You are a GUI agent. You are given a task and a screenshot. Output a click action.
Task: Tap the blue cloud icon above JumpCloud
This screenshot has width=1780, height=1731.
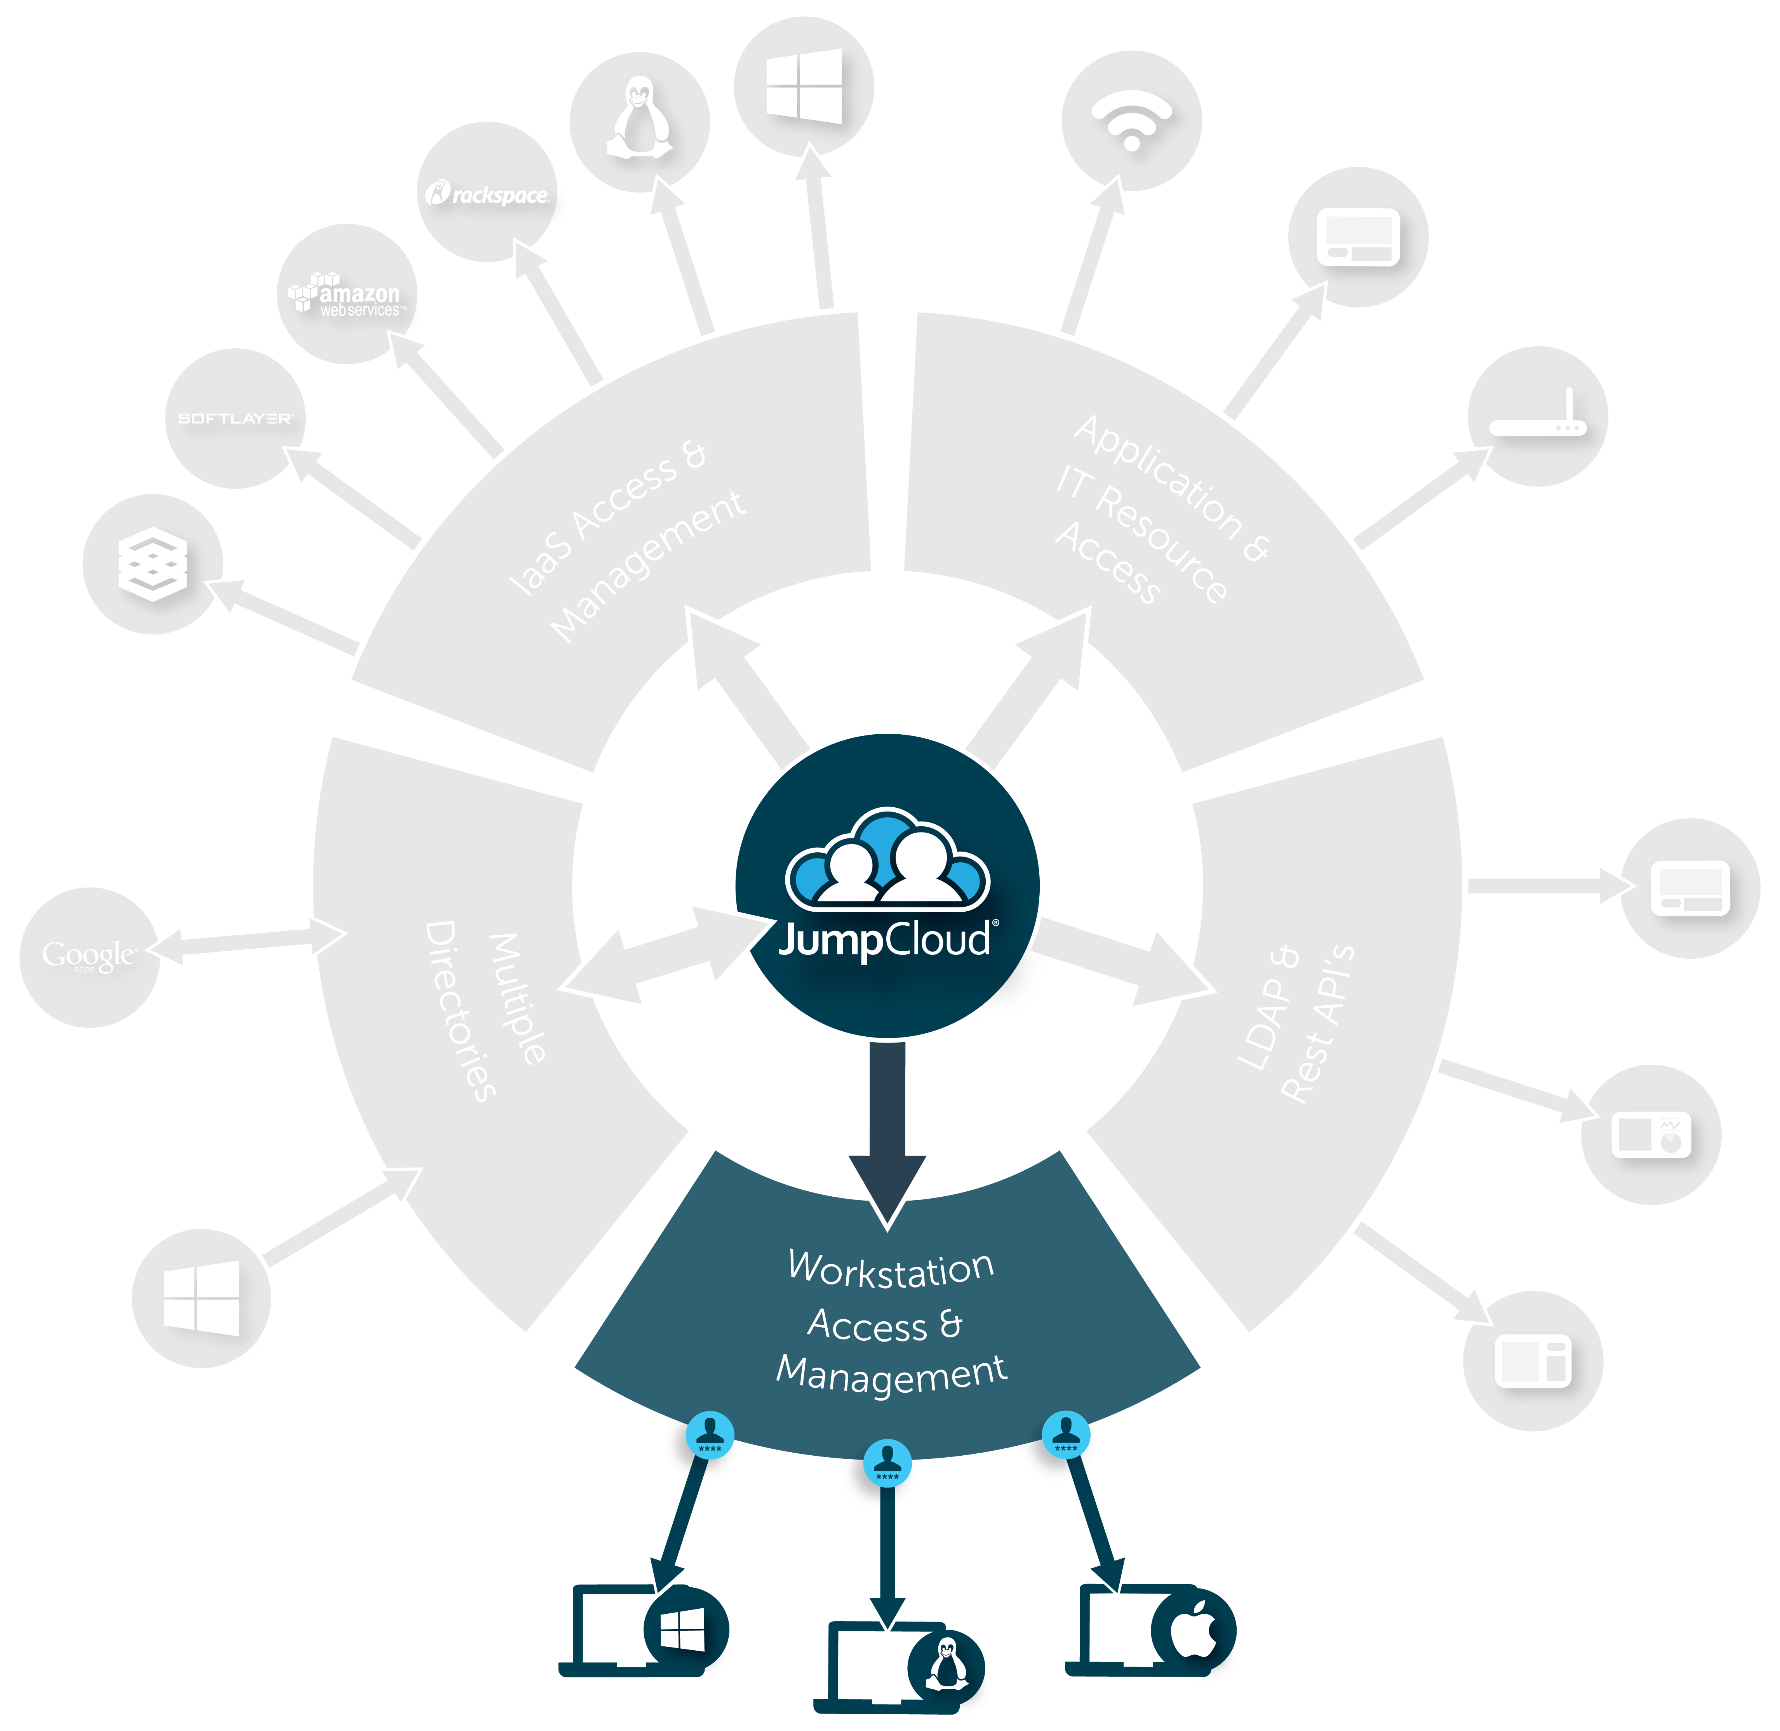pos(887,859)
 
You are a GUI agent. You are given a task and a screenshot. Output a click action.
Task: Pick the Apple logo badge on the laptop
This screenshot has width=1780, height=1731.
pos(1194,1632)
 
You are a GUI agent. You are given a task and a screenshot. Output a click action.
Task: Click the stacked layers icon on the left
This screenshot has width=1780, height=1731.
pos(153,564)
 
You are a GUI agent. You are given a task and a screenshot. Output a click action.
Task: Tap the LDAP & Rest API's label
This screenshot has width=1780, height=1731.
pos(1296,1023)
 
